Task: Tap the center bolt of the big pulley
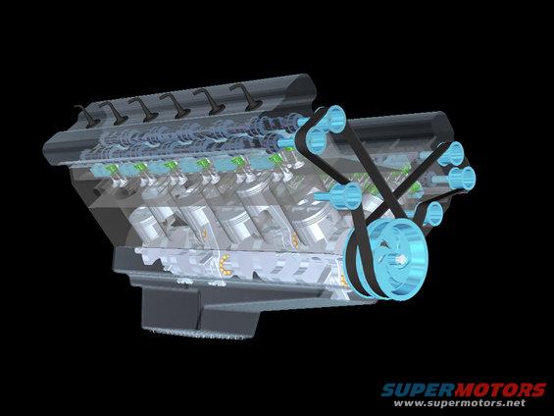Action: tap(402, 260)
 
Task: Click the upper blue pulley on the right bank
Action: tap(450, 153)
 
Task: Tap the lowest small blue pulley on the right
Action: tap(432, 213)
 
